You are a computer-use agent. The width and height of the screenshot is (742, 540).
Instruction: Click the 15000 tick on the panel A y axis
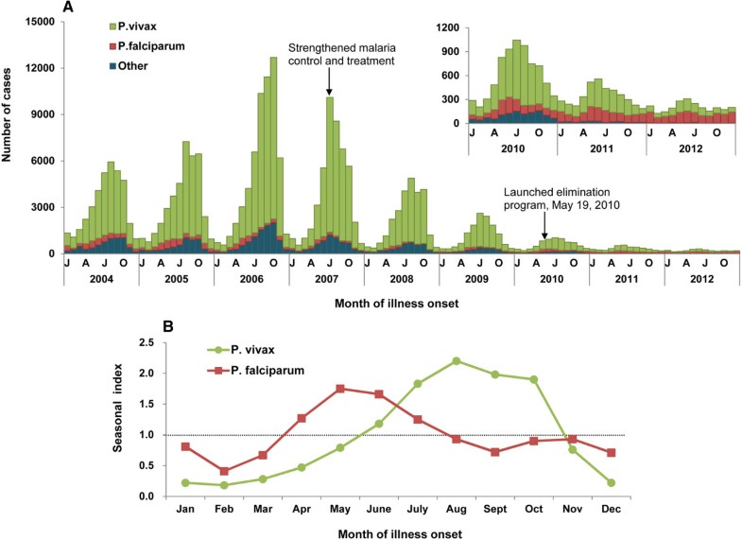[x=41, y=22]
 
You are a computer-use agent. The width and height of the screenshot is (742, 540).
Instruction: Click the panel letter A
[x=67, y=9]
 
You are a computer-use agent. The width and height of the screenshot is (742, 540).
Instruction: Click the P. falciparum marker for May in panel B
[x=338, y=389]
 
